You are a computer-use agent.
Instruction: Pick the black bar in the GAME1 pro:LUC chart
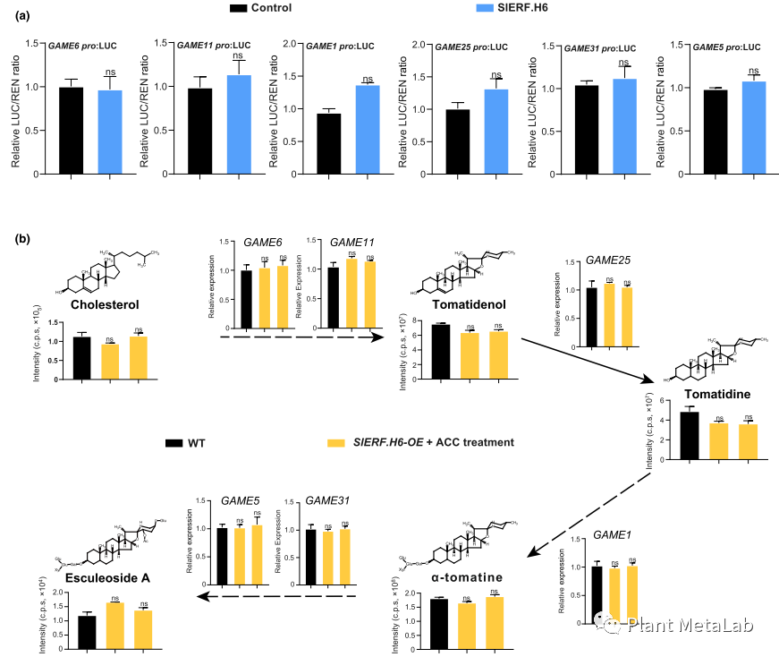328,143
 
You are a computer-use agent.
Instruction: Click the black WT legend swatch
174,443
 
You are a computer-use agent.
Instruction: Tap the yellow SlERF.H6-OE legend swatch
335,443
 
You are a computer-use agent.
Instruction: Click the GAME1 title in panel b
613,534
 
